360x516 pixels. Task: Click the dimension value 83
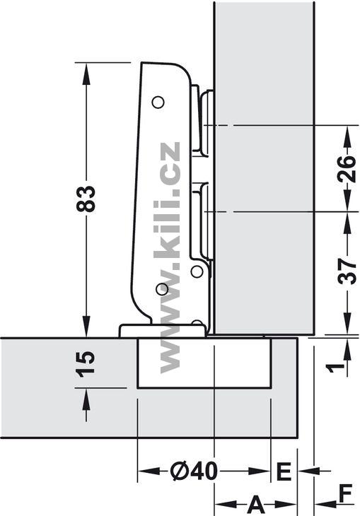click(x=86, y=199)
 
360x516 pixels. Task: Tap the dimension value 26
click(x=347, y=169)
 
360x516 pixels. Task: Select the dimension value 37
click(x=347, y=271)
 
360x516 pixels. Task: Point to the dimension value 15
click(x=86, y=364)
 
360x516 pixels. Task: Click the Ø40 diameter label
click(x=194, y=471)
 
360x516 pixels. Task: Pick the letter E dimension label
click(x=284, y=472)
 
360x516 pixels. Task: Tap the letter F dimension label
click(x=345, y=493)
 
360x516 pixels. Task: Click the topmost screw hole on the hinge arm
click(x=158, y=102)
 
